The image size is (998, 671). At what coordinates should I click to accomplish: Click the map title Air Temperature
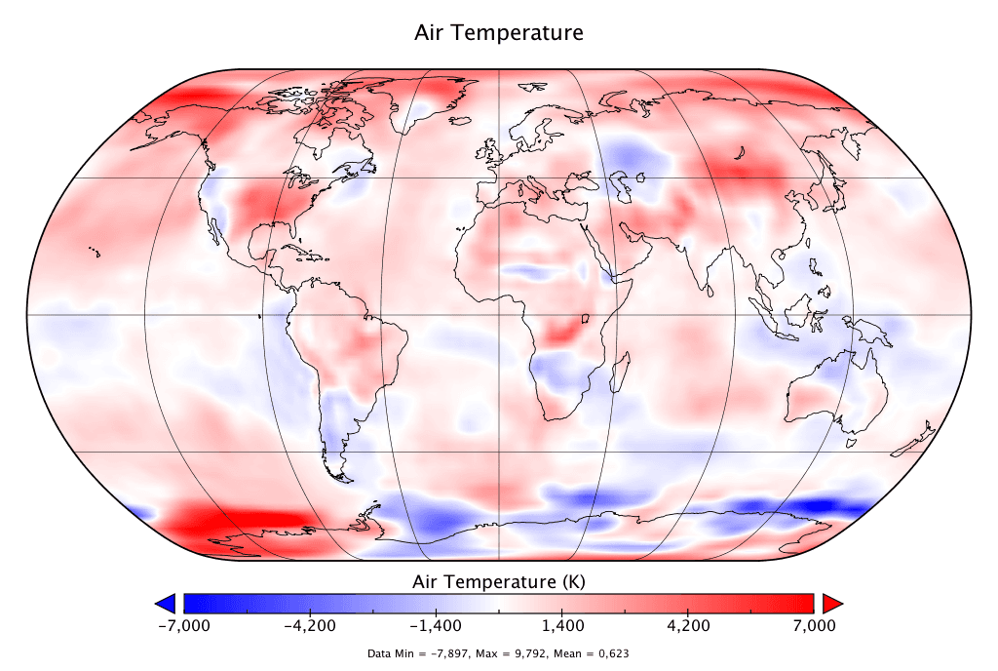click(499, 32)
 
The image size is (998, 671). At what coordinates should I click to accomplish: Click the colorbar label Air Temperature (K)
click(499, 582)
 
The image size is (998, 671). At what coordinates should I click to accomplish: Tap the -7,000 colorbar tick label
click(182, 625)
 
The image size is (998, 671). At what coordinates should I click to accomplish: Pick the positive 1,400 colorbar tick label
click(563, 625)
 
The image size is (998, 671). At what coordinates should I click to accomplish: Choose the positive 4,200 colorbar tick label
click(688, 625)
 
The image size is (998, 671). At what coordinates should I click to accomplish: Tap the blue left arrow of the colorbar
click(166, 602)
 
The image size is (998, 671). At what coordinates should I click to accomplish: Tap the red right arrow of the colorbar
click(832, 602)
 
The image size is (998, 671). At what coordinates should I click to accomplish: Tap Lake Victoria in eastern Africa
click(587, 319)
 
